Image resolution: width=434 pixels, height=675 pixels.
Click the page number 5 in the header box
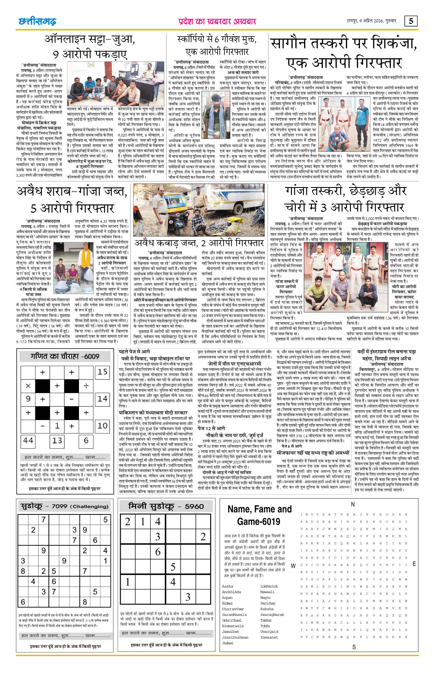click(411, 21)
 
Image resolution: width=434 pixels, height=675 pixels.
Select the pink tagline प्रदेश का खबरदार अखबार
click(217, 21)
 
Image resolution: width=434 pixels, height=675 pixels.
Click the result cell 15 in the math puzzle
click(102, 372)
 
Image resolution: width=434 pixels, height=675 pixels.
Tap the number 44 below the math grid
click(28, 440)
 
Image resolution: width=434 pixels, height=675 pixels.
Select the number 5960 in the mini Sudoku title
click(194, 506)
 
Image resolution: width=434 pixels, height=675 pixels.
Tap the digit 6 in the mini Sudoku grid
click(158, 552)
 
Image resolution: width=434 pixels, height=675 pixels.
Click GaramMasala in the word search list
click(234, 615)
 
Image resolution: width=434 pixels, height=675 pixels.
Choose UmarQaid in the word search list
click(269, 632)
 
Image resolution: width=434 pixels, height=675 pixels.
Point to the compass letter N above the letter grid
click(353, 504)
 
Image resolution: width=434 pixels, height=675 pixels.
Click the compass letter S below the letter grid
click(354, 647)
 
